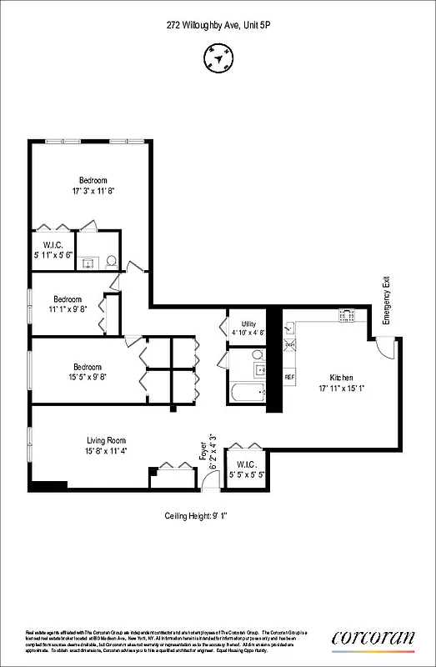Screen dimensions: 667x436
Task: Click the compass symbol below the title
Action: (218, 58)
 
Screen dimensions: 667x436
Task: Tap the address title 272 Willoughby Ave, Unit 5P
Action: (218, 26)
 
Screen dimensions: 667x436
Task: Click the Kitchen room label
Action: (341, 378)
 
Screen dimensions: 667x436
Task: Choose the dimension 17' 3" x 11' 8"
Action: (93, 191)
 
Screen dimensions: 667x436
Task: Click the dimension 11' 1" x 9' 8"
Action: (68, 309)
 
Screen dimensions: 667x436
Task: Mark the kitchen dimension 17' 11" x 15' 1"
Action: (341, 389)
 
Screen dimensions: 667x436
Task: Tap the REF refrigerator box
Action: (290, 377)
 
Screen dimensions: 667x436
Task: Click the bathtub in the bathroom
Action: (248, 391)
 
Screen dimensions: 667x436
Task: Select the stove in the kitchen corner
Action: (346, 315)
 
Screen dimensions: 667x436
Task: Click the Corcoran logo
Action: (373, 638)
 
